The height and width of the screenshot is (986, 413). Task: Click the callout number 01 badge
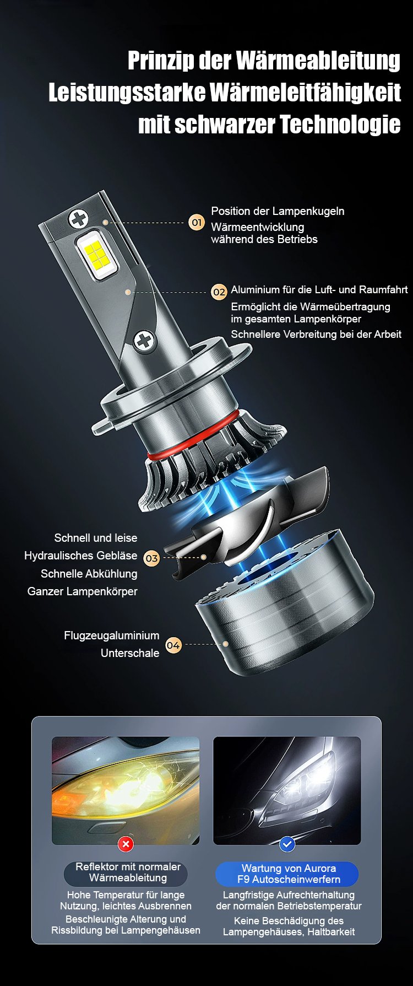pos(197,222)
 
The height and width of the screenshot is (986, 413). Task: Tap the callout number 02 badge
pos(219,292)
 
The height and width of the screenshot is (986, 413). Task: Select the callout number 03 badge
pos(151,558)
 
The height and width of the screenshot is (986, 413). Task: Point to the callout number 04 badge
pos(173,644)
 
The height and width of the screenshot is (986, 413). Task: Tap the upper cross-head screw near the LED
pos(78,219)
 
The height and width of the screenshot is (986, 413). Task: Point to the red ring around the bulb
pos(193,435)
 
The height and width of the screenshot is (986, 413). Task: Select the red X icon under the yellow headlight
pos(126,844)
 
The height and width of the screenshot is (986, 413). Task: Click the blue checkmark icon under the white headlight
pos(287,844)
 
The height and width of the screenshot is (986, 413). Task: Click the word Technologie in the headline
pos(340,125)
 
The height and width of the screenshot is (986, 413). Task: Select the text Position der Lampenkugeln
pos(278,211)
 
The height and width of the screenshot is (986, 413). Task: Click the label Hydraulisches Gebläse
pos(80,556)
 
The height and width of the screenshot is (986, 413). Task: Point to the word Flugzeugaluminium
pos(111,635)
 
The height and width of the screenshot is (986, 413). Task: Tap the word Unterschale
pos(130,653)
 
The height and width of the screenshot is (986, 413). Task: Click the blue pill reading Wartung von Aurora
pos(286,874)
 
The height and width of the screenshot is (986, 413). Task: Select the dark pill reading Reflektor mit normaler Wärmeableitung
pos(126,872)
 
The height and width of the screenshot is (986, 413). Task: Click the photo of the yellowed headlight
pos(126,790)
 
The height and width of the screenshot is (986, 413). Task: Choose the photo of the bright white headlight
pos(287,790)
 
